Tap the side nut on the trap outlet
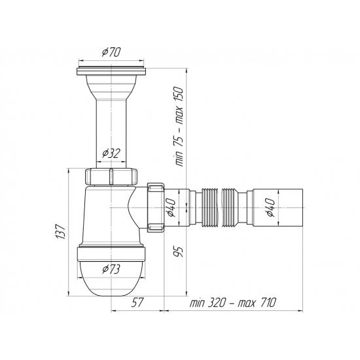click(156, 207)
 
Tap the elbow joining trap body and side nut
click(138, 208)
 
